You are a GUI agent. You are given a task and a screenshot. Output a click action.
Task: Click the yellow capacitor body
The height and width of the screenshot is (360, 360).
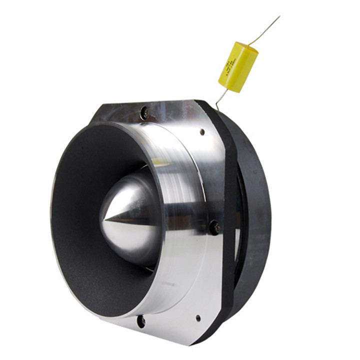pyautogui.click(x=238, y=67)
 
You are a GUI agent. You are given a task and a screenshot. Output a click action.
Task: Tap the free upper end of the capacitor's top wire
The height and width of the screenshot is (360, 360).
pyautogui.click(x=278, y=17)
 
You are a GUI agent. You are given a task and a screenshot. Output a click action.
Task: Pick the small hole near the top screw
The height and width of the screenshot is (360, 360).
pyautogui.click(x=202, y=132)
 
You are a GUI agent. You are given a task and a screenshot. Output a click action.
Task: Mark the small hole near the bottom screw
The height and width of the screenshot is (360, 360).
pyautogui.click(x=198, y=317)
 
